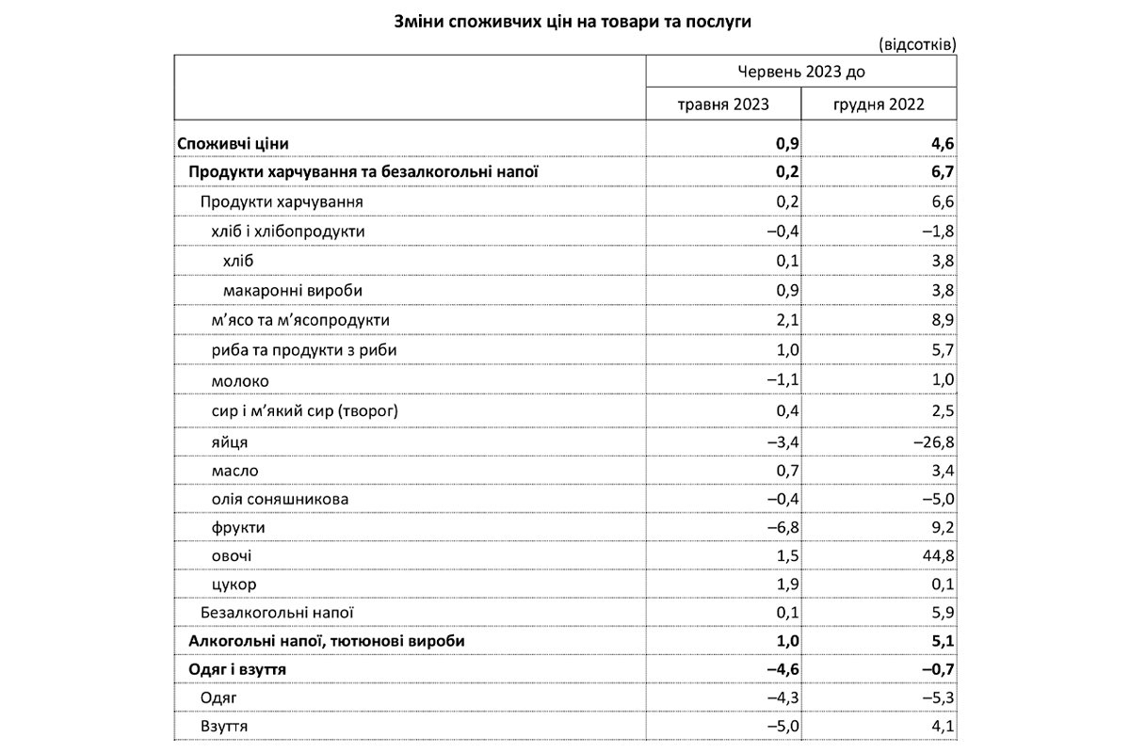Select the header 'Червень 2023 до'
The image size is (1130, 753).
click(x=801, y=72)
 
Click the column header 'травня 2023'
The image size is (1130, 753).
click(x=723, y=104)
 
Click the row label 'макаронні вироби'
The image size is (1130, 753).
click(x=293, y=291)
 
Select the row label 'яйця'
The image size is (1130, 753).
click(x=230, y=441)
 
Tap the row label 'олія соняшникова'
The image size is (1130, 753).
click(x=271, y=499)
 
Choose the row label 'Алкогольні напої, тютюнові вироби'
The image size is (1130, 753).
click(x=327, y=640)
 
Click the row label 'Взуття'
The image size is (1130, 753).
click(x=224, y=728)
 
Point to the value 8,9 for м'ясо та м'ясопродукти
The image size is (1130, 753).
click(x=944, y=321)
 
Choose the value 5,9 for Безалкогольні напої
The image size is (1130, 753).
click(x=944, y=613)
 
